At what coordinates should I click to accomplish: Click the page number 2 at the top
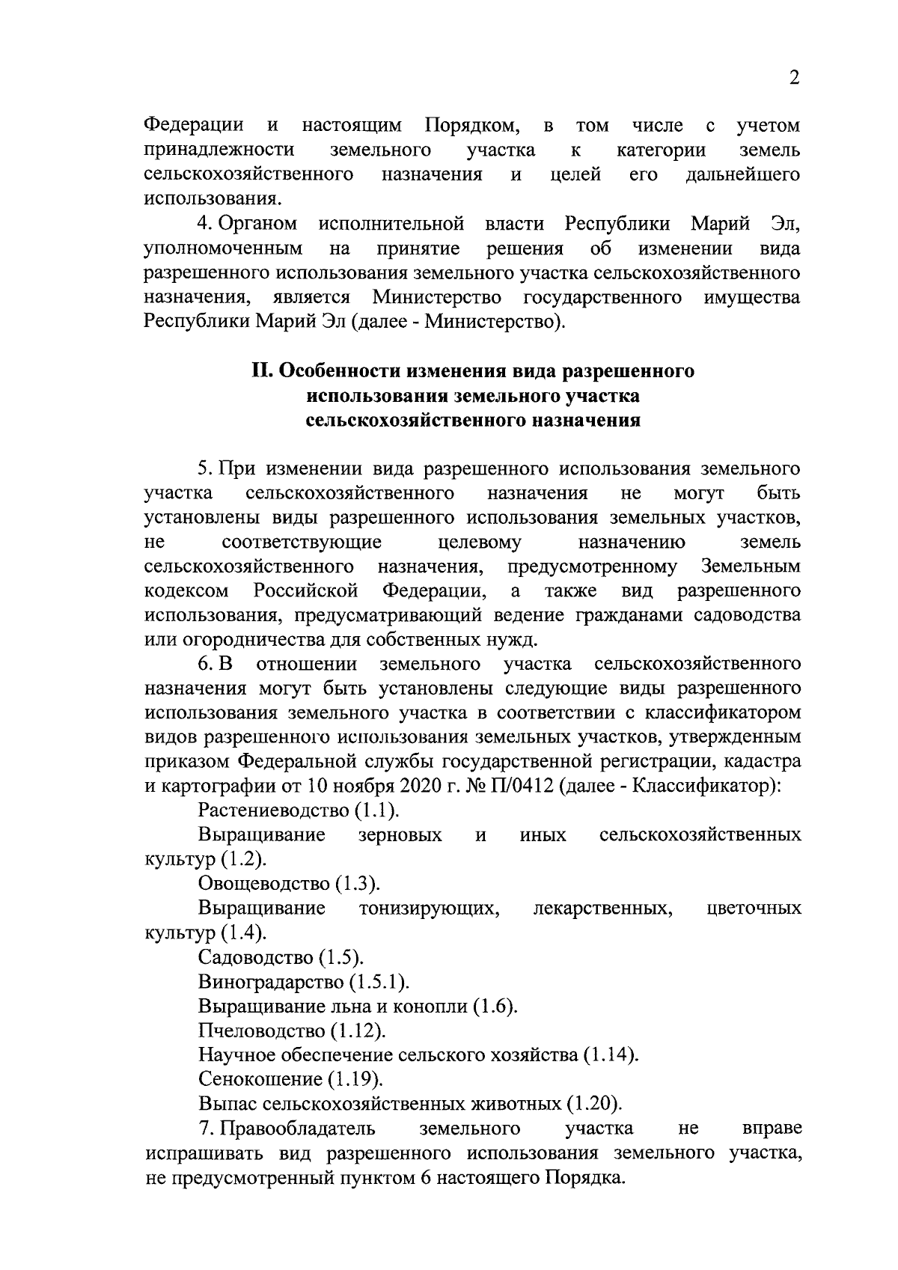pos(794,78)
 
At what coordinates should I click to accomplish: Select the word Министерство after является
pos(438,298)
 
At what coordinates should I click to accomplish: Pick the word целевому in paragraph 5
pos(480,542)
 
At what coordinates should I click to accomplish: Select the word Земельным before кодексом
pos(751,567)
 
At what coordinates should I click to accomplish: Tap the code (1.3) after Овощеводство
pos(357,884)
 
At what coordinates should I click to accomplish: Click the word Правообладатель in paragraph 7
pos(299,1129)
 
